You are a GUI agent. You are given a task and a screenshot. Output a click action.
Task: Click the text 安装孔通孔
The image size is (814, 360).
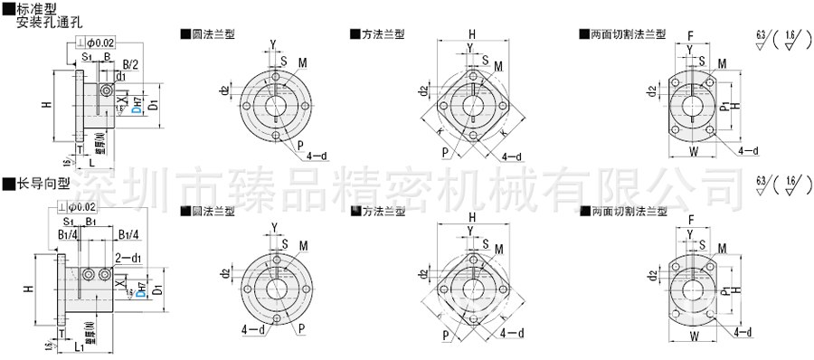point(43,22)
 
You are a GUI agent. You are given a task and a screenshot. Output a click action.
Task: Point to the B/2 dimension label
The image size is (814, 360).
point(131,65)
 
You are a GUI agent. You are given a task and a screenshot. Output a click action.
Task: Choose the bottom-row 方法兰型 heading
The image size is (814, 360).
point(376,211)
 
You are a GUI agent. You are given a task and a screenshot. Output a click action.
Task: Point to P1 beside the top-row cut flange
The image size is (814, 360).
point(724,107)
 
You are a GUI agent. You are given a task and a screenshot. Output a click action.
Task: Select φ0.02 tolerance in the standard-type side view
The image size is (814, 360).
point(101,43)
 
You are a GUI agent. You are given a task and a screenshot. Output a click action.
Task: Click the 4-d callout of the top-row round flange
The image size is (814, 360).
point(317,156)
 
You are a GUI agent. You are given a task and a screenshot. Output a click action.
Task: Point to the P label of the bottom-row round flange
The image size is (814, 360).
point(301,325)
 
